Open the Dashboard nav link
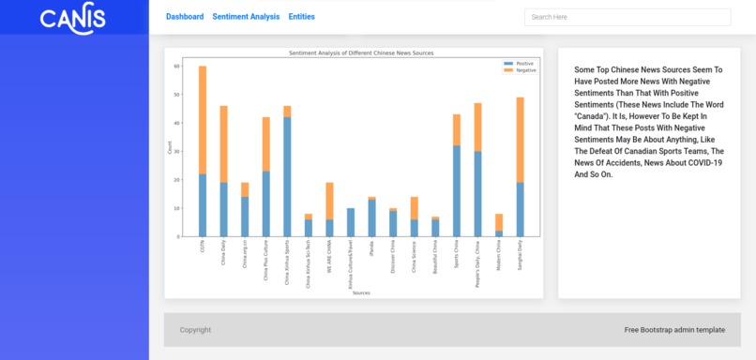[x=185, y=17]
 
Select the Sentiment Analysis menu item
[x=246, y=17]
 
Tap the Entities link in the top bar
[x=301, y=17]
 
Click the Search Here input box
[x=627, y=17]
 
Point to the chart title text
[x=361, y=53]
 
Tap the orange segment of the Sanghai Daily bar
[x=520, y=140]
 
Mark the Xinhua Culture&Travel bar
[x=351, y=222]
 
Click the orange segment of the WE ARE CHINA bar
[x=329, y=201]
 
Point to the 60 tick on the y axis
[x=176, y=67]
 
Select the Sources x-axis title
[x=361, y=293]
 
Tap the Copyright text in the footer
[x=195, y=330]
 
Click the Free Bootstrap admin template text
[x=674, y=330]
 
